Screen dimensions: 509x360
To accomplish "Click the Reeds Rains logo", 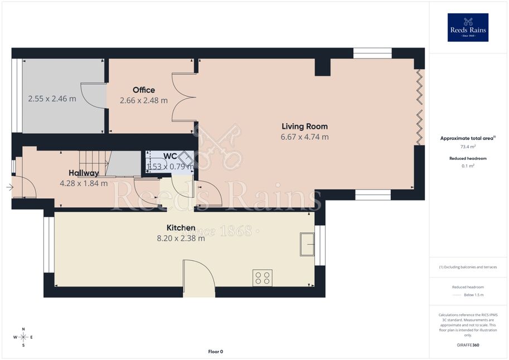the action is click(x=468, y=27).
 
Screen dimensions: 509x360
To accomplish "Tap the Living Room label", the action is click(x=304, y=127).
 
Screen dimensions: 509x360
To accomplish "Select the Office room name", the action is click(x=144, y=90).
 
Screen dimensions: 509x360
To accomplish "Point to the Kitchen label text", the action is click(x=181, y=227).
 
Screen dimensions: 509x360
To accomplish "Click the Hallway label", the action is click(x=84, y=173).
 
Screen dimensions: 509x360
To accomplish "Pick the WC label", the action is click(x=170, y=156).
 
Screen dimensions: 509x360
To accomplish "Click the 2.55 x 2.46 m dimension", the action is click(x=52, y=99).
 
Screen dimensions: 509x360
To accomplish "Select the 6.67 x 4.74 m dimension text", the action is click(x=304, y=137).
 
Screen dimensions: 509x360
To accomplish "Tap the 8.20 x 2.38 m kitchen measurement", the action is click(x=181, y=239).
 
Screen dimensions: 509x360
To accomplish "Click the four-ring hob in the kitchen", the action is click(x=262, y=278).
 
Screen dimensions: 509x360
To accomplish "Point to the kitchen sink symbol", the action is click(x=307, y=244).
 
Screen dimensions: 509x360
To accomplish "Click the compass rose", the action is click(x=23, y=337).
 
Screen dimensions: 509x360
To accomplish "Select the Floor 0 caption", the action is click(x=216, y=352).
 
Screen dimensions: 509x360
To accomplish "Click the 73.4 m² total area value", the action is click(x=468, y=147).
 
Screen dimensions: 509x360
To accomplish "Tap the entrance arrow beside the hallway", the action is click(x=9, y=187).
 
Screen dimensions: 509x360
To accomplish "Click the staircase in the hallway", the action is click(x=95, y=163).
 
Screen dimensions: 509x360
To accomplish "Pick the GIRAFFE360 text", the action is click(x=468, y=345).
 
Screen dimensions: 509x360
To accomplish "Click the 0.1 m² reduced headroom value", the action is click(x=468, y=166).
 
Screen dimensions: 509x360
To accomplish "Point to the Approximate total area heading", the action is click(x=468, y=138).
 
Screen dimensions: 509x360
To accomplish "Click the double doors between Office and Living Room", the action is click(x=184, y=98).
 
